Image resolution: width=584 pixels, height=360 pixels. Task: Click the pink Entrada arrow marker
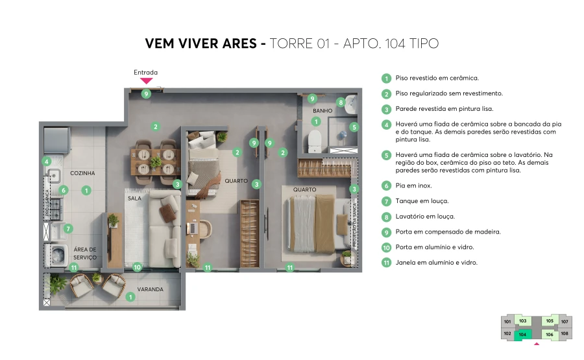coord(147,81)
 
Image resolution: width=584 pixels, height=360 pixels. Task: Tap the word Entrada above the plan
coord(145,73)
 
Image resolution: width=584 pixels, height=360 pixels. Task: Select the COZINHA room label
coord(83,173)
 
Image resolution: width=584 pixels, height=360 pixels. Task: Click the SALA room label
coord(134,198)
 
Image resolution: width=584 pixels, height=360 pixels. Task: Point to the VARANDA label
coord(150,289)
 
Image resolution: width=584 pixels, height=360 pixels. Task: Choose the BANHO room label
coord(322,111)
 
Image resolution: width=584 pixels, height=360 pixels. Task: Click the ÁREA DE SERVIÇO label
coord(85,253)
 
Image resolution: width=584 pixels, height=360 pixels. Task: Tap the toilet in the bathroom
coord(315,138)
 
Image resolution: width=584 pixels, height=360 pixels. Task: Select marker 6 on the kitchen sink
coord(63,190)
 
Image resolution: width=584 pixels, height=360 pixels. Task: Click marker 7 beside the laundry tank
coord(68,228)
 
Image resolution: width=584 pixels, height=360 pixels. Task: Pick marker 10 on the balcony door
coord(136,267)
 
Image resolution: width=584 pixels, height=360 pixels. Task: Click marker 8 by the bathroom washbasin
coord(341,102)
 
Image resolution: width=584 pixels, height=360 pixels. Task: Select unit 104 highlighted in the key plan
coord(522,335)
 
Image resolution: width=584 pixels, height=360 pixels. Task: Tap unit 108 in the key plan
coord(564,334)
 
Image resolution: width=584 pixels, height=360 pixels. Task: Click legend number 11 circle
coord(386,263)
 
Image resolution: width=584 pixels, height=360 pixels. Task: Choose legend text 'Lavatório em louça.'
coord(425,217)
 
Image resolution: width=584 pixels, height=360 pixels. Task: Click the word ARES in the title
coord(238,44)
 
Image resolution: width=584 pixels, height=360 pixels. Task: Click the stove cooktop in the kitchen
coord(56,208)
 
